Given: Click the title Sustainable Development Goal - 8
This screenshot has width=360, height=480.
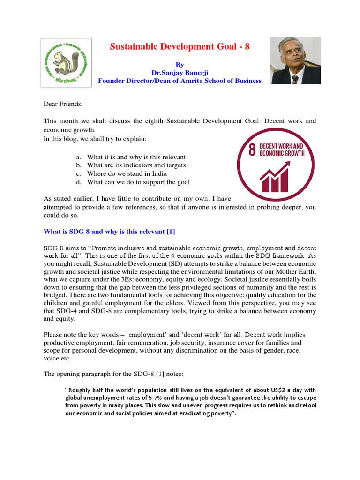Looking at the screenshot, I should click(x=180, y=47).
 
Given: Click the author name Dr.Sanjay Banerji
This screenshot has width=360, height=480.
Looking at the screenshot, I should click(x=180, y=73).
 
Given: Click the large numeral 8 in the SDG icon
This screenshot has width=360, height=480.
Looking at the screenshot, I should click(x=252, y=150).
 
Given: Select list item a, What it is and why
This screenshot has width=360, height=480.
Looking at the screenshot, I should click(x=136, y=157).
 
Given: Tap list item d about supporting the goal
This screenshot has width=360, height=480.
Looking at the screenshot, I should click(x=138, y=182).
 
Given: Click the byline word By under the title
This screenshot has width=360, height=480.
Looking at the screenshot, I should click(x=180, y=65).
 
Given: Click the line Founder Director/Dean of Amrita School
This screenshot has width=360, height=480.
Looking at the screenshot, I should click(x=180, y=81).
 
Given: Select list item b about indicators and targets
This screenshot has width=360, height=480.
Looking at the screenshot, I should click(x=136, y=165).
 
